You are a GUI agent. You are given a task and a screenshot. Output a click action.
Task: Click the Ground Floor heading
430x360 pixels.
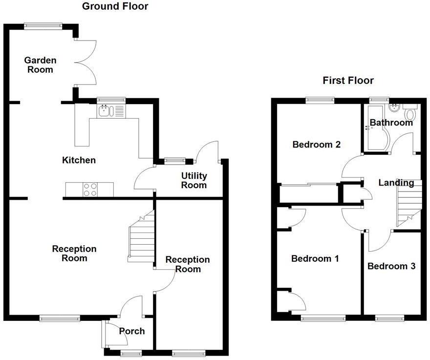pos(115,6)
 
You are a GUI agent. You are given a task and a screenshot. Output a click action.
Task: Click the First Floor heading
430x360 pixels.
pos(348,81)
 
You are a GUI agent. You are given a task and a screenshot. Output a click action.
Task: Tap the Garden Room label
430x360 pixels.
pos(40,65)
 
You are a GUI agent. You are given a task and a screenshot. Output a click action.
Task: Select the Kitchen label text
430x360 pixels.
pos(79,160)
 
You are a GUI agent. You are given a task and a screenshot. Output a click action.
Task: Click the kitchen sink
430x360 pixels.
pos(106,111)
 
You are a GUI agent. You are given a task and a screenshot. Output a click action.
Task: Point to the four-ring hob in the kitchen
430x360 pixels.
pos(89,190)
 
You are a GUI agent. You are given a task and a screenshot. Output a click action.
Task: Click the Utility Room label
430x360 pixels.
pos(194,180)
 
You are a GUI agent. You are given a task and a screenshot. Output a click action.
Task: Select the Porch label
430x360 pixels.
pos(132,331)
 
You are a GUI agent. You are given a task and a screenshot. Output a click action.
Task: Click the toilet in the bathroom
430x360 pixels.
pos(409,113)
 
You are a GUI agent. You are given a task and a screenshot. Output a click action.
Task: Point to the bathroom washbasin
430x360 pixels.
pos(394,108)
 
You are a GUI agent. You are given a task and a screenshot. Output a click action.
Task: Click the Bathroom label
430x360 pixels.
pos(391,123)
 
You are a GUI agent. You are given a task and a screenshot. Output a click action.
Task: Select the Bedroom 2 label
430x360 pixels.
pos(316,145)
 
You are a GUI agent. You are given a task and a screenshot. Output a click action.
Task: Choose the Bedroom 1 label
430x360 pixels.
pos(315,258)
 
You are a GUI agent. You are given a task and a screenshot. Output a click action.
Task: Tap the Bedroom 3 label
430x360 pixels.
pos(391,266)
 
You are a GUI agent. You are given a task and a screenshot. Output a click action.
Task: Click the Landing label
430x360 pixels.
pos(396,183)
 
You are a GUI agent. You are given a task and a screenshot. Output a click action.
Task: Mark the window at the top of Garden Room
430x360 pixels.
pos(43,26)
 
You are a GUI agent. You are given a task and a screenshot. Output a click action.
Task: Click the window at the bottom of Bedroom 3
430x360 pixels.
pos(389,318)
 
